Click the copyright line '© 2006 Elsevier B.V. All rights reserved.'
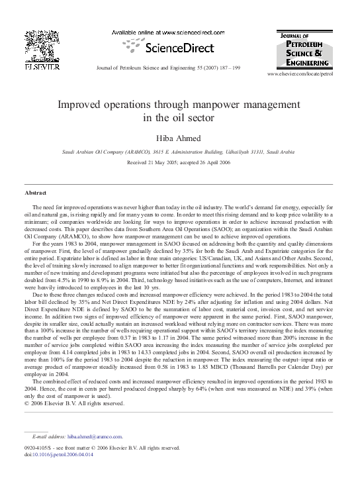[73, 403]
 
